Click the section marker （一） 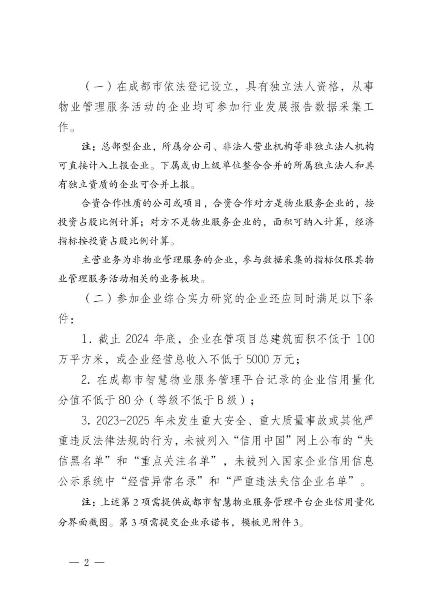pos(97,86)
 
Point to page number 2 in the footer pos(86,562)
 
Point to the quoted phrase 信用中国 pos(262,441)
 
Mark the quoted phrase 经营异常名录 pos(166,481)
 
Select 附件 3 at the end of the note pos(286,523)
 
